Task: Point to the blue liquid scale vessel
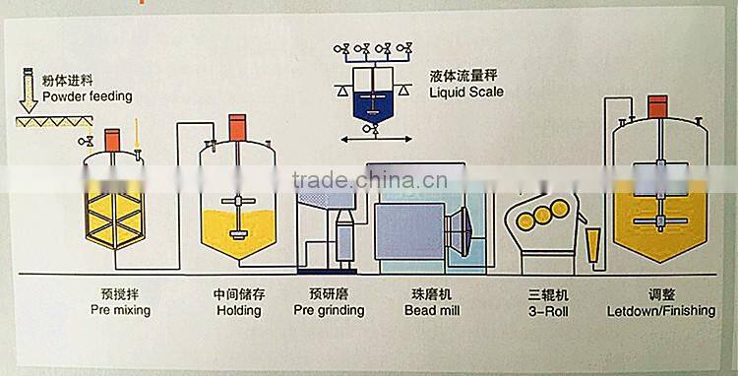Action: coord(371,102)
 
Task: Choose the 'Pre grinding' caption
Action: coord(329,310)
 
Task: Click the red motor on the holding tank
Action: coord(237,126)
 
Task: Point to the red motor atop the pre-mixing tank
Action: coord(112,139)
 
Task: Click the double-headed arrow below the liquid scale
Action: coord(372,143)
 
